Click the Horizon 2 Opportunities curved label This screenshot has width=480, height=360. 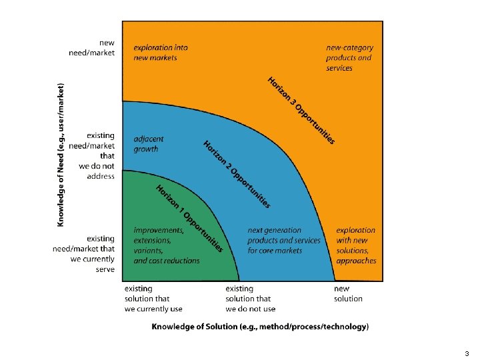pos(237,174)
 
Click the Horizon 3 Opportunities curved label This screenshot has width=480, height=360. pos(301,111)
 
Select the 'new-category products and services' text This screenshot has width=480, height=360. pos(349,58)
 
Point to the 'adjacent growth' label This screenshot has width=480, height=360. pos(148,144)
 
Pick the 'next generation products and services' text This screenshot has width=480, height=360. pos(283,241)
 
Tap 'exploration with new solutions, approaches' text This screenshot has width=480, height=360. pos(355,245)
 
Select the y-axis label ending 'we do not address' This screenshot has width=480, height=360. pos(93,156)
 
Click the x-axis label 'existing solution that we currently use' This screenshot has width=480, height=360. pos(153,299)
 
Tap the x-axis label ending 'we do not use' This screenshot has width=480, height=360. pos(250,299)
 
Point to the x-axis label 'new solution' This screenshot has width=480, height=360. pos(348,294)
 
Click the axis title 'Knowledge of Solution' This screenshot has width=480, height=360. pos(260,327)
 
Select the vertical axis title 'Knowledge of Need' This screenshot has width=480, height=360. pos(62,155)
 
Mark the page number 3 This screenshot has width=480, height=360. pos(467,353)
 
